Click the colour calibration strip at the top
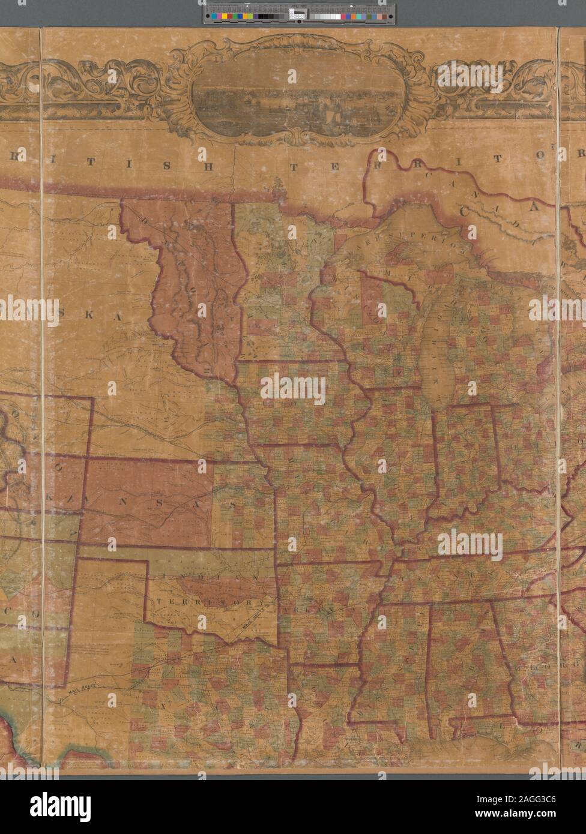pos(298,13)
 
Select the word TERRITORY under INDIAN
pos(210,602)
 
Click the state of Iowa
pos(294,402)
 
